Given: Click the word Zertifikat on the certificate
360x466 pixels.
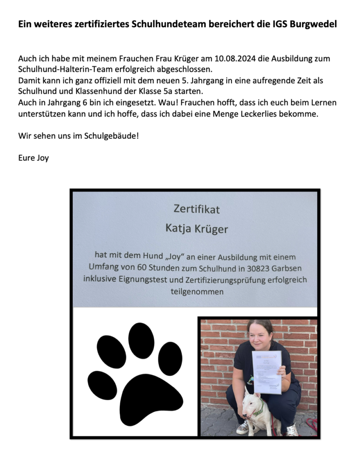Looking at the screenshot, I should [x=197, y=209].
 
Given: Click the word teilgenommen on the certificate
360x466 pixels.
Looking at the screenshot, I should [x=197, y=292].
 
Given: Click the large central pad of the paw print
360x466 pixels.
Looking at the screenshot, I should [x=137, y=400].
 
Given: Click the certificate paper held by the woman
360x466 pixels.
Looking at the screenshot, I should [x=267, y=371].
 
